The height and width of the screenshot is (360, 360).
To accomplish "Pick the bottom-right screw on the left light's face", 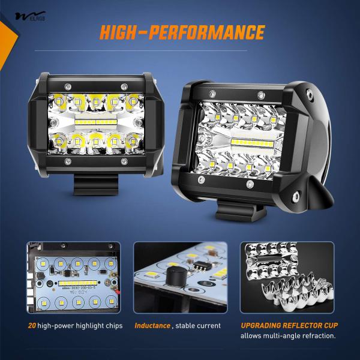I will (124, 162).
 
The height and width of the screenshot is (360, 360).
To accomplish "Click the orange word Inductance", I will (152, 326).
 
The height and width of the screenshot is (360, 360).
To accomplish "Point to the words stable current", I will (197, 326).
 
